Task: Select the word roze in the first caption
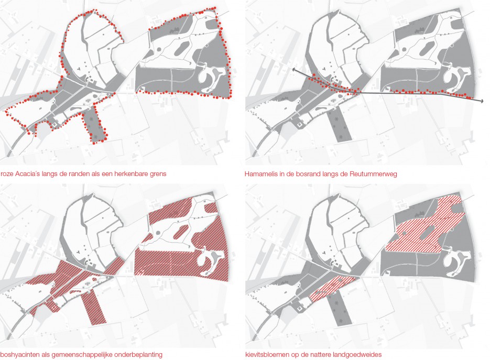click(x=7, y=174)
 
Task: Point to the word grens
click(x=158, y=174)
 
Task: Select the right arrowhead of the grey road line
click(x=482, y=101)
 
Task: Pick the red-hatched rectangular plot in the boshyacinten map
click(x=94, y=306)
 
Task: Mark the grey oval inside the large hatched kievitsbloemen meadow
click(x=429, y=232)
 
